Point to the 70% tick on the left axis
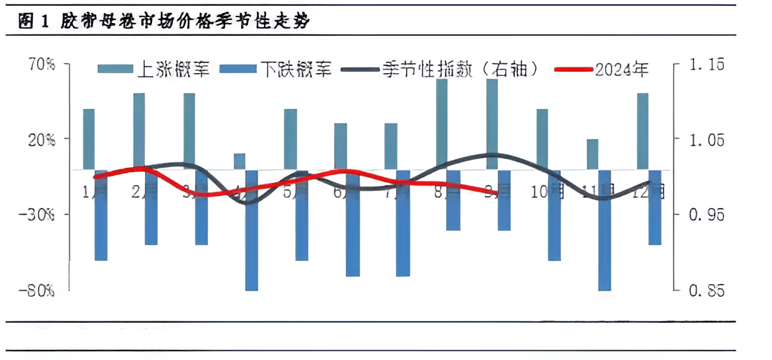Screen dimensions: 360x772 point(42,65)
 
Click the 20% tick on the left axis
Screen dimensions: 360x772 point(42,140)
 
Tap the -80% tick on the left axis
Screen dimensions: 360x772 point(40,290)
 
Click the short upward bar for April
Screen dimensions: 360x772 point(240,161)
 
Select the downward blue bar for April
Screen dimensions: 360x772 point(252,229)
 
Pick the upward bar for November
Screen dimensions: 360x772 point(592,154)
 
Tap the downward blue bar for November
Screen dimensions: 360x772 point(605,229)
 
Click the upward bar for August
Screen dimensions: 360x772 point(441,124)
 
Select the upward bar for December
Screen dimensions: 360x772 point(642,131)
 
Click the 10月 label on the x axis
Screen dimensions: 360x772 point(548,191)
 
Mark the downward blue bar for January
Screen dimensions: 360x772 point(100,215)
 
